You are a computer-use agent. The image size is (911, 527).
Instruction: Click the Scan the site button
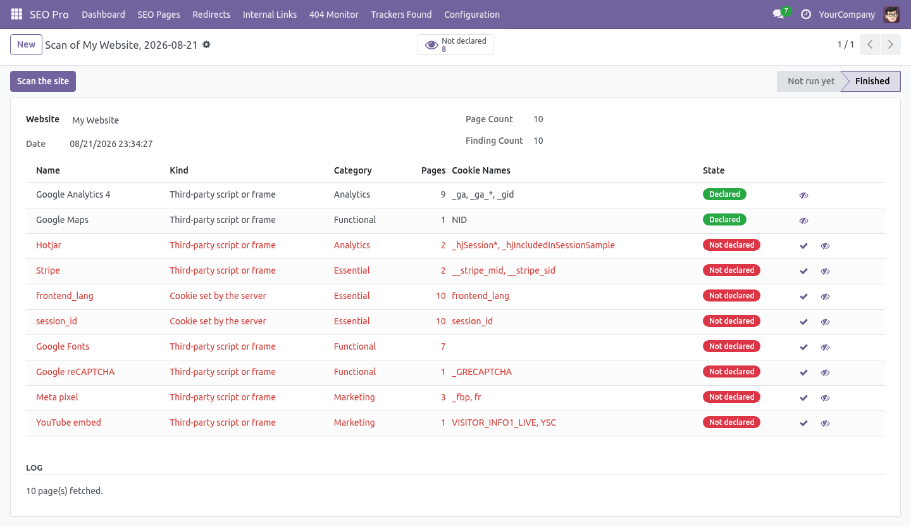click(43, 81)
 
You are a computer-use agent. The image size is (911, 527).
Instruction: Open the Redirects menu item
click(211, 15)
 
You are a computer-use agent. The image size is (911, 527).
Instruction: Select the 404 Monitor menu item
click(333, 15)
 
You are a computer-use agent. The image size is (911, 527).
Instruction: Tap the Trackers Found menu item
click(401, 15)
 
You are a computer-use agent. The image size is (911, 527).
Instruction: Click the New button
click(26, 44)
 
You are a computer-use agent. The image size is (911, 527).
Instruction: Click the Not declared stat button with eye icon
click(455, 44)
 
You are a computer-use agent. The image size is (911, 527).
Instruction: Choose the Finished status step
click(872, 81)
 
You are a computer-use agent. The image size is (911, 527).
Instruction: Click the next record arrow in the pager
click(890, 44)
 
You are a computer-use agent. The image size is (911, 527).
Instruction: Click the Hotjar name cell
click(48, 245)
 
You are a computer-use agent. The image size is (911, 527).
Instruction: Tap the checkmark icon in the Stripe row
click(803, 271)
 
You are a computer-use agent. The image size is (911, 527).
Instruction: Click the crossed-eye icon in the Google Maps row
click(803, 220)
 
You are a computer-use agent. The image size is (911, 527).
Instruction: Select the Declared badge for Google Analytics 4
click(724, 194)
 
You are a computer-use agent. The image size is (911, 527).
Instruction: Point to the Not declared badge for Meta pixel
click(731, 397)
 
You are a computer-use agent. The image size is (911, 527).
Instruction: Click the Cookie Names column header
click(481, 170)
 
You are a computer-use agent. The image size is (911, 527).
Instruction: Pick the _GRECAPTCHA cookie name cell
click(481, 372)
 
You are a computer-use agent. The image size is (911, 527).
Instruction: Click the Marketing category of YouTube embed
click(354, 422)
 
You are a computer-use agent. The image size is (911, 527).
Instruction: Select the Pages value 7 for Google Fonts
click(443, 346)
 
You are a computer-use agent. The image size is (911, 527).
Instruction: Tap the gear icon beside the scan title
click(207, 44)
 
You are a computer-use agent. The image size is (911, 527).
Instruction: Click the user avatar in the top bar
click(891, 15)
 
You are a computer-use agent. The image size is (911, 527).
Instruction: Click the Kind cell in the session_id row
click(218, 321)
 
